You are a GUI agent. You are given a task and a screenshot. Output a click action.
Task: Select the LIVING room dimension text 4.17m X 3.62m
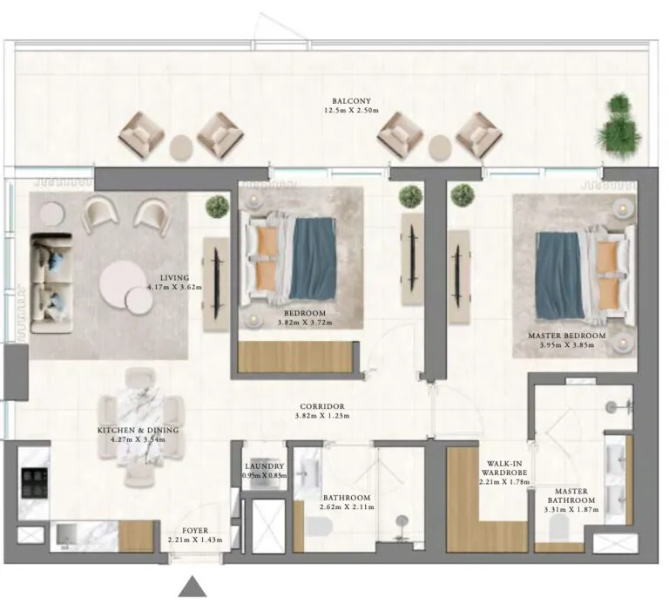click(174, 286)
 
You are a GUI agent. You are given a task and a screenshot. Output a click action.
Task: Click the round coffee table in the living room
click(123, 284)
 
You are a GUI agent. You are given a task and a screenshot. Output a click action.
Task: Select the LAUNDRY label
click(266, 466)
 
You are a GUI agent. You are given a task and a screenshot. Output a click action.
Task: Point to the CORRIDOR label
click(321, 406)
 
